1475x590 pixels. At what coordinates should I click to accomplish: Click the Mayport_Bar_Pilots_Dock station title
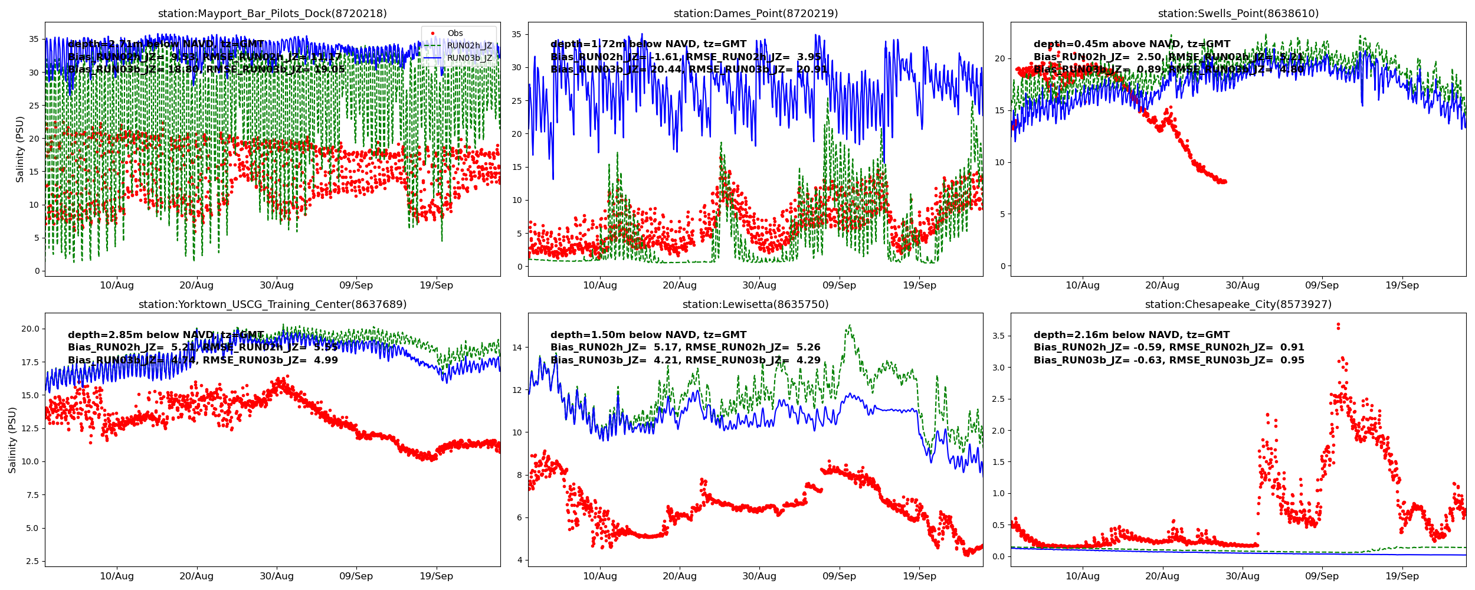272,14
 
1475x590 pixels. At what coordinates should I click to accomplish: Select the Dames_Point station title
755,14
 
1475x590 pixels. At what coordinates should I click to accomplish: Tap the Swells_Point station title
1238,14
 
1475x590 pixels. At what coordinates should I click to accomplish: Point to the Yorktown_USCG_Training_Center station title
272,304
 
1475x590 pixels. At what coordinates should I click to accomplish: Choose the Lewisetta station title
755,304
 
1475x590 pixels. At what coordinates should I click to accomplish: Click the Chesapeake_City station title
1238,304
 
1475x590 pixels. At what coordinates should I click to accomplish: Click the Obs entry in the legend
455,34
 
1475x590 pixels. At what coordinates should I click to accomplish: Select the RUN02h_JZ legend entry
469,46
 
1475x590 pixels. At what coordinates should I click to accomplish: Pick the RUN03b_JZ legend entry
469,58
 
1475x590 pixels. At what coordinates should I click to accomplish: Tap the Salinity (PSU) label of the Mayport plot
20,149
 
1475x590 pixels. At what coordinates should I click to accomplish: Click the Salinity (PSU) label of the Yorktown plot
12,440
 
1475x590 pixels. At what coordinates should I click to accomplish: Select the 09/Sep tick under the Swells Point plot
1322,286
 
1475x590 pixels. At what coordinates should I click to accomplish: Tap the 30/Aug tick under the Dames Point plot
759,286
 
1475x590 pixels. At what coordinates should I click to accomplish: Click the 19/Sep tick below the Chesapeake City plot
1402,576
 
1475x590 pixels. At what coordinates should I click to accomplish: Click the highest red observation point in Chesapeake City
1338,324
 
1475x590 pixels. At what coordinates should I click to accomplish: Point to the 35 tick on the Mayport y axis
34,40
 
